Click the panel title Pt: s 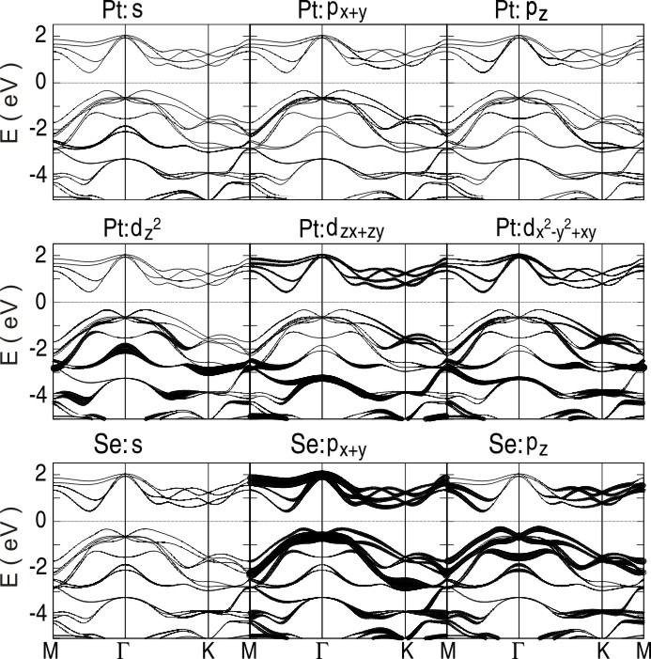[124, 10]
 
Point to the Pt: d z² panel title [126, 230]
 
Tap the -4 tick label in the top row [34, 175]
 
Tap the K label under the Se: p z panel [604, 650]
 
